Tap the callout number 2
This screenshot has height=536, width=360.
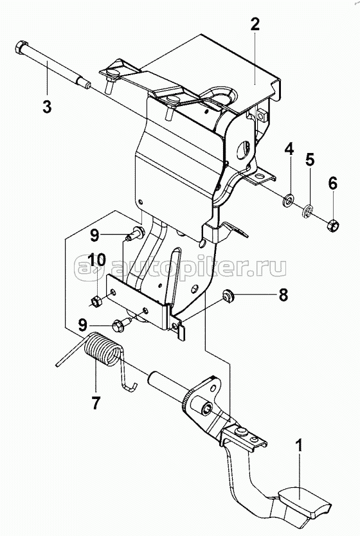click(x=255, y=24)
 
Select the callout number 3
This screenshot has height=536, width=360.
click(x=47, y=106)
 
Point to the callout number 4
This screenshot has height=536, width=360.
click(x=289, y=150)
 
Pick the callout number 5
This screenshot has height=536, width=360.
click(x=310, y=160)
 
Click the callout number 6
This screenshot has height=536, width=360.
click(x=332, y=183)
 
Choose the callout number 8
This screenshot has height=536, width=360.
click(x=283, y=294)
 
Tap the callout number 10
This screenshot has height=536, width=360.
click(x=96, y=260)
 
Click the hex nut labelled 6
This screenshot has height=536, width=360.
click(x=332, y=226)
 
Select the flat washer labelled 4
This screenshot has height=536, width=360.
click(x=289, y=200)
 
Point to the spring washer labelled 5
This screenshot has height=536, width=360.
click(x=308, y=210)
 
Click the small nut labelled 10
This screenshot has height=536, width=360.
click(x=95, y=301)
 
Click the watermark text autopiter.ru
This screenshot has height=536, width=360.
click(x=180, y=266)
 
